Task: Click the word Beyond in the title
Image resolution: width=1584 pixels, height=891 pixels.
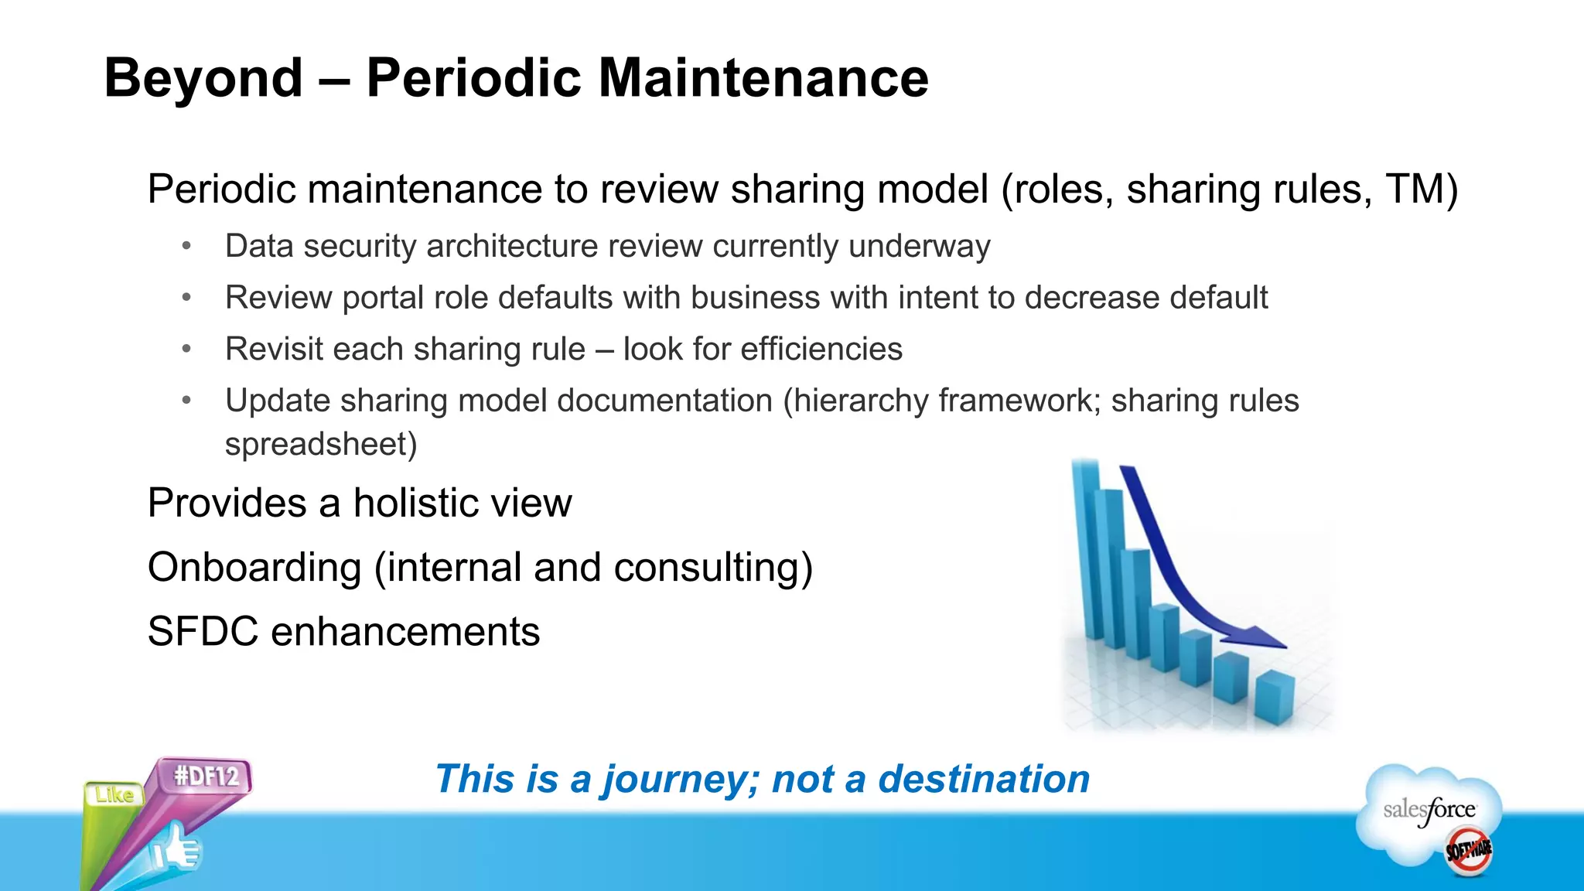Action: click(203, 78)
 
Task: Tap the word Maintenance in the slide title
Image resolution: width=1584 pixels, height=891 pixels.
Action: click(763, 78)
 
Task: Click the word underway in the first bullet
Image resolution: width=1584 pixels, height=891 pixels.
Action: click(919, 247)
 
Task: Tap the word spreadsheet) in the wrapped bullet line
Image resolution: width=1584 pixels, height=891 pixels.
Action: click(321, 445)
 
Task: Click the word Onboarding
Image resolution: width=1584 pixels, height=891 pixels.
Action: click(254, 568)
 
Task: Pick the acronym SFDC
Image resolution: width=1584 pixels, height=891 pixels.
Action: click(203, 632)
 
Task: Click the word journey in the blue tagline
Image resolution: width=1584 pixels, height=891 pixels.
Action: click(681, 779)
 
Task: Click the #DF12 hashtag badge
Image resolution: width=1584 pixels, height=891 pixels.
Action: click(206, 776)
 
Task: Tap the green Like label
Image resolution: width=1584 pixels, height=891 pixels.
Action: click(114, 795)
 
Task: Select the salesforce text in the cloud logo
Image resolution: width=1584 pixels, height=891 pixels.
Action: click(1429, 810)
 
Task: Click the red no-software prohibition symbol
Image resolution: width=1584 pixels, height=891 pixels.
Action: click(1468, 850)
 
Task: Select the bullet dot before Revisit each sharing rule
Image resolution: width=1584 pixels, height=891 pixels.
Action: click(186, 350)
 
